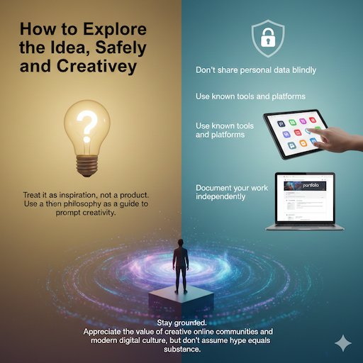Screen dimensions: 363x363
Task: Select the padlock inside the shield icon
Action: [x=269, y=41]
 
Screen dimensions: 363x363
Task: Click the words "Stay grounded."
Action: [x=180, y=323]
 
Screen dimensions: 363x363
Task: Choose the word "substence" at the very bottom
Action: [x=181, y=349]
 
